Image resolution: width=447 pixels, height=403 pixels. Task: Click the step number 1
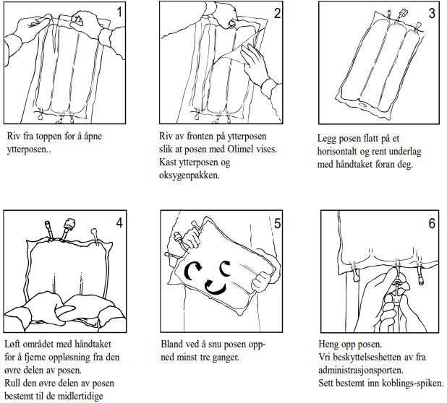(119, 12)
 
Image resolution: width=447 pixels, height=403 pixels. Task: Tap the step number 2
(276, 12)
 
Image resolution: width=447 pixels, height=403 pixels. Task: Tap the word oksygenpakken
(190, 174)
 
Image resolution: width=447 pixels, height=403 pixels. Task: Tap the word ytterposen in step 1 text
(27, 149)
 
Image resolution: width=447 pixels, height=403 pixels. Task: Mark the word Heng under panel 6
(331, 344)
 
